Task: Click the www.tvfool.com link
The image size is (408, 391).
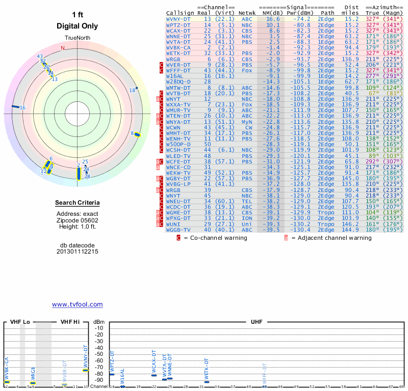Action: [x=77, y=304]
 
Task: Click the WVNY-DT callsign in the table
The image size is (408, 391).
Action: [x=178, y=18]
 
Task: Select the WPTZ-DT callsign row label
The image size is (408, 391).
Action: [x=178, y=24]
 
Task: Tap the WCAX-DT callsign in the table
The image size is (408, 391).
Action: [x=178, y=31]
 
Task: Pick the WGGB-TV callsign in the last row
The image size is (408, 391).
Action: [x=178, y=230]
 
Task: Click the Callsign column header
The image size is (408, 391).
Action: [x=180, y=12]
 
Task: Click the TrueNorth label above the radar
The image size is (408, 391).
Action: [x=77, y=39]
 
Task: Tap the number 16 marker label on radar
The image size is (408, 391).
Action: [x=22, y=108]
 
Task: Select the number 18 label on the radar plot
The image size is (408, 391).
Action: [x=132, y=91]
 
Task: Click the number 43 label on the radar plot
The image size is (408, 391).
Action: [x=40, y=56]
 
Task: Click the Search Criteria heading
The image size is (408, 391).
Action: [x=77, y=203]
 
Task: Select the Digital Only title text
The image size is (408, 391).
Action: [x=77, y=26]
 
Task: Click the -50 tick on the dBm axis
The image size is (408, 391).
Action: [x=98, y=353]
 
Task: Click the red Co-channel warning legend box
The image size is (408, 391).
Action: [x=178, y=237]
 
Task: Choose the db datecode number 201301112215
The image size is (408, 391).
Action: [x=77, y=252]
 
